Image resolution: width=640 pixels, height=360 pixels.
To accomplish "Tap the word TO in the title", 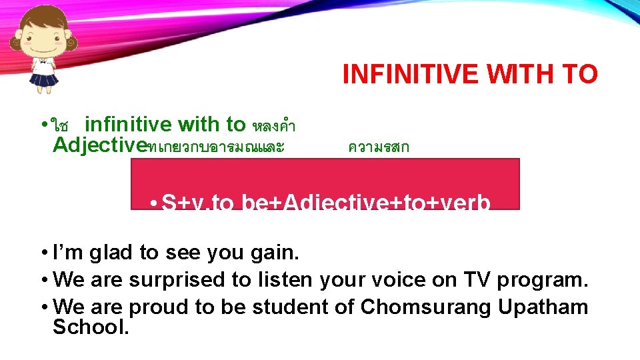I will pyautogui.click(x=579, y=75).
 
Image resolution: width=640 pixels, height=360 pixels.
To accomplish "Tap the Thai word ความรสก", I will pyautogui.click(x=379, y=147).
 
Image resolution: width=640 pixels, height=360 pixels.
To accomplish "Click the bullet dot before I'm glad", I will pyautogui.click(x=43, y=253).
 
